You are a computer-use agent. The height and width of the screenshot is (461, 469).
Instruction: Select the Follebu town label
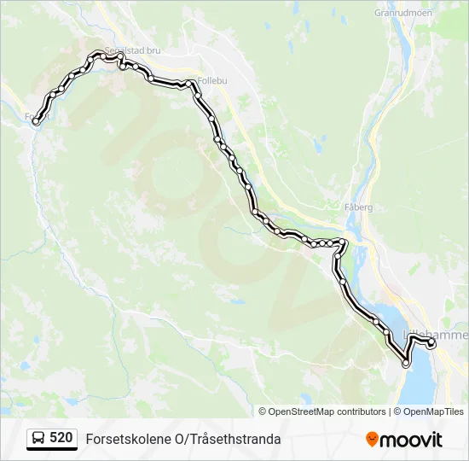[213, 80]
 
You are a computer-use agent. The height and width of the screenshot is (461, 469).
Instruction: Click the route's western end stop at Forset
[36, 122]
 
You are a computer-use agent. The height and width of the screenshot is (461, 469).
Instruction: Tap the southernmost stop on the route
[406, 364]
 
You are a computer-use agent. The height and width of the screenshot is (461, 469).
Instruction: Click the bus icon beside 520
[39, 439]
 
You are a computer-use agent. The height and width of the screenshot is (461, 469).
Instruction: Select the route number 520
[61, 438]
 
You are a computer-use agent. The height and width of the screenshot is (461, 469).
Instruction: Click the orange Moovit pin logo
[372, 439]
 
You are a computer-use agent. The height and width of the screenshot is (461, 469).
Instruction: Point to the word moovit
[411, 439]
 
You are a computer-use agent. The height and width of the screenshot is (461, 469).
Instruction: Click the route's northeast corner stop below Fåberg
[344, 242]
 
